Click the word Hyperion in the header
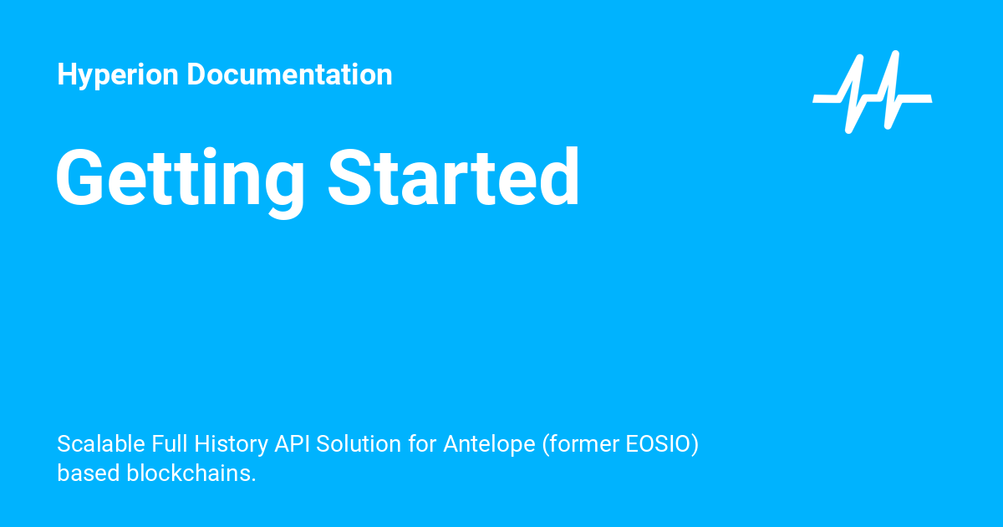tap(118, 75)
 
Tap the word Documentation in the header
tap(289, 74)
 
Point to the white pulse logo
tap(872, 92)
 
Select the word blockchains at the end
tap(191, 473)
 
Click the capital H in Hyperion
tap(66, 74)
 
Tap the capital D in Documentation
tap(196, 74)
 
